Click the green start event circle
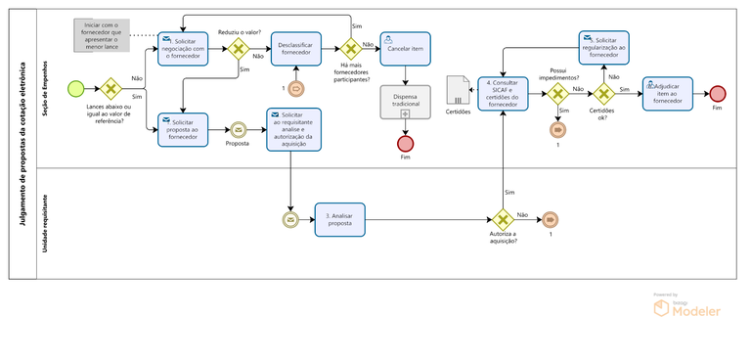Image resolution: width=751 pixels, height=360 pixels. pyautogui.click(x=75, y=88)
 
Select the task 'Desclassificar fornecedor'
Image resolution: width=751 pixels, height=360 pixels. pyautogui.click(x=296, y=49)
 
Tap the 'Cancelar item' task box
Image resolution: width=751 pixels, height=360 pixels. pyautogui.click(x=405, y=48)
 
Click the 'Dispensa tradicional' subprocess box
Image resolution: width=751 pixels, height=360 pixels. pyautogui.click(x=405, y=104)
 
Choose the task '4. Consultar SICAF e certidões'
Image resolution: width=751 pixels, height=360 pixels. pyautogui.click(x=503, y=94)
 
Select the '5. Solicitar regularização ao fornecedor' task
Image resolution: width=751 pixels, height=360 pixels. pyautogui.click(x=604, y=46)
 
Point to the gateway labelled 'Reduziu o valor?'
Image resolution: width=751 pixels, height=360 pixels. pyautogui.click(x=237, y=49)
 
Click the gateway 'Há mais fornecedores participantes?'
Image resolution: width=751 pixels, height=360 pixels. pyautogui.click(x=350, y=49)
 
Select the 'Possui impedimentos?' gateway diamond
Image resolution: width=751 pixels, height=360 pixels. pyautogui.click(x=557, y=94)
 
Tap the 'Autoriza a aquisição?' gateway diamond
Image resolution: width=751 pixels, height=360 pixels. pyautogui.click(x=503, y=220)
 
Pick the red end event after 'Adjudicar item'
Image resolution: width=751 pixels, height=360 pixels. pyautogui.click(x=718, y=94)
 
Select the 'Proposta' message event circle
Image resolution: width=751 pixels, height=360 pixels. pyautogui.click(x=238, y=129)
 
